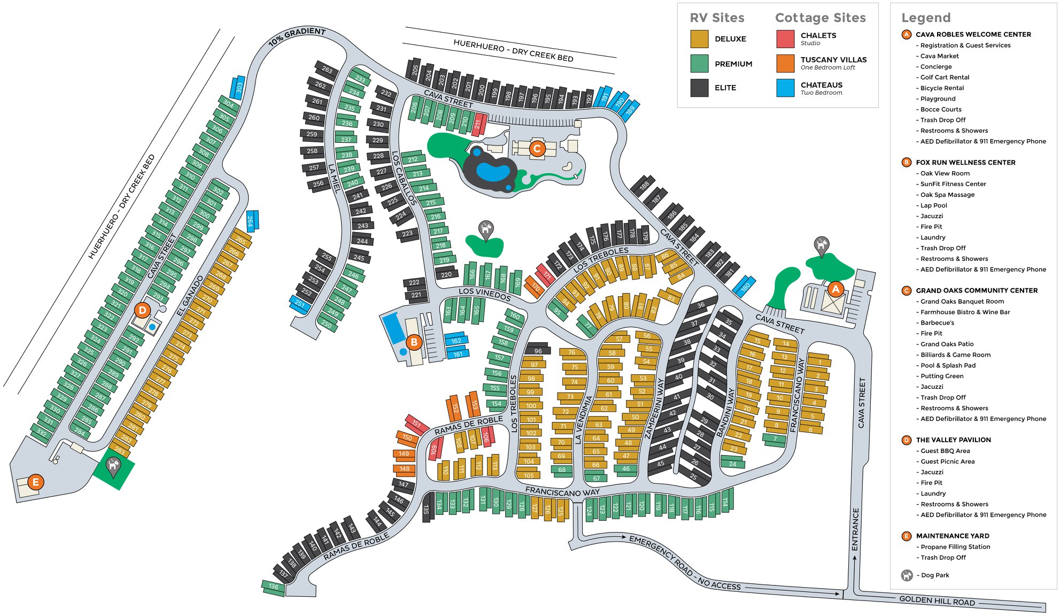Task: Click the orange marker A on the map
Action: coord(835,289)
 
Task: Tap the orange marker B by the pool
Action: coord(414,342)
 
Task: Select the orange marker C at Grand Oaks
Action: coord(537,148)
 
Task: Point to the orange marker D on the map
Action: coord(142,310)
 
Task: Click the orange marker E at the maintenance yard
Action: coord(36,482)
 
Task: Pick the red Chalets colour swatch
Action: coord(785,39)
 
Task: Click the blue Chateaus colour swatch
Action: coord(785,88)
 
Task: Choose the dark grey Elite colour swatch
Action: coord(699,88)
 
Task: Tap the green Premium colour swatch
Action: coord(699,64)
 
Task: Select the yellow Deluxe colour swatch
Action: coord(699,39)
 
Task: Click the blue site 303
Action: coord(238,87)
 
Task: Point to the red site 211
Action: coord(478,124)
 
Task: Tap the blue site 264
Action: coord(251,220)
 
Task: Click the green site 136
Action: coord(273,587)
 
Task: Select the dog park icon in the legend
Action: coord(907,575)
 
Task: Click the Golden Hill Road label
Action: coord(937,600)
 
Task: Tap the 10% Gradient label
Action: coord(297,36)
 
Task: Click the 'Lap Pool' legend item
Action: coord(933,205)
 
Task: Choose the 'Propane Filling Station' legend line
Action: coord(955,547)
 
